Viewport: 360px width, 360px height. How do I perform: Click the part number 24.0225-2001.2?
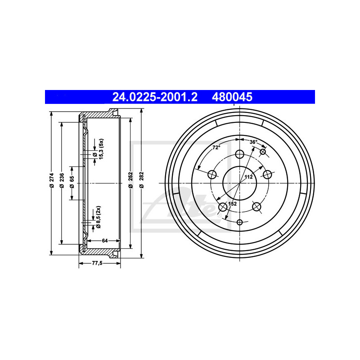[155, 96]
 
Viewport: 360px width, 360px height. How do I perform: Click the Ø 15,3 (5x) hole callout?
[99, 150]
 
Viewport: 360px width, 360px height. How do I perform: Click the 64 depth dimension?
[104, 241]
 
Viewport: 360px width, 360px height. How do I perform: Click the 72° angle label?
[216, 148]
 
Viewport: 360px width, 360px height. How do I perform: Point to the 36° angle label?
[253, 142]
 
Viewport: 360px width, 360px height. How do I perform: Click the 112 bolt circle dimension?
[248, 177]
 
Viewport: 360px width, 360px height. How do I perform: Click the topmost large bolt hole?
[239, 154]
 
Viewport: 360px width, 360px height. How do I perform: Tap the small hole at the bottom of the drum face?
[239, 222]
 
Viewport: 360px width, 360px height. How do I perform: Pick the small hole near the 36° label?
[263, 151]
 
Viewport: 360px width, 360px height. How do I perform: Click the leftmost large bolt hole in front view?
[211, 174]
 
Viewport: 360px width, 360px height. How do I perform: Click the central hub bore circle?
[239, 183]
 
